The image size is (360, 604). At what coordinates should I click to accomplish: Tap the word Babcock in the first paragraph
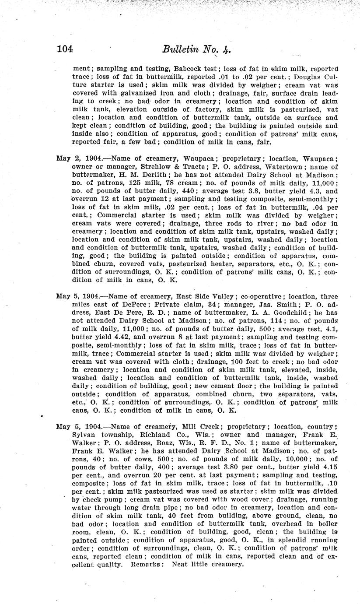[192, 69]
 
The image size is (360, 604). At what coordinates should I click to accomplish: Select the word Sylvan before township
[84, 434]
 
